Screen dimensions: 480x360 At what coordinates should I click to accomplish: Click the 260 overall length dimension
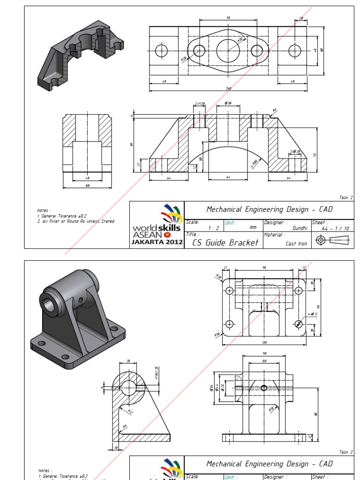(229, 88)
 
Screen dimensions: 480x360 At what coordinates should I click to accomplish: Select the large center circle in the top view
(228, 50)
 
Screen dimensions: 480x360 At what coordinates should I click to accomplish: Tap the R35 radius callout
(240, 41)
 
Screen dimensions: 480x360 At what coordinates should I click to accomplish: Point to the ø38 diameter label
(228, 103)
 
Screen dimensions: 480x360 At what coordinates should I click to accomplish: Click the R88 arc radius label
(254, 162)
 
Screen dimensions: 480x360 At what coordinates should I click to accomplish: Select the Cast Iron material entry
(296, 244)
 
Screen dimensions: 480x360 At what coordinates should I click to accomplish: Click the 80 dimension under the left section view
(88, 186)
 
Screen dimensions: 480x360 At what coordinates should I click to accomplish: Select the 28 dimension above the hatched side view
(129, 361)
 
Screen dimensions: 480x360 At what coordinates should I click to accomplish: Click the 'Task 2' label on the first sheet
(345, 198)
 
